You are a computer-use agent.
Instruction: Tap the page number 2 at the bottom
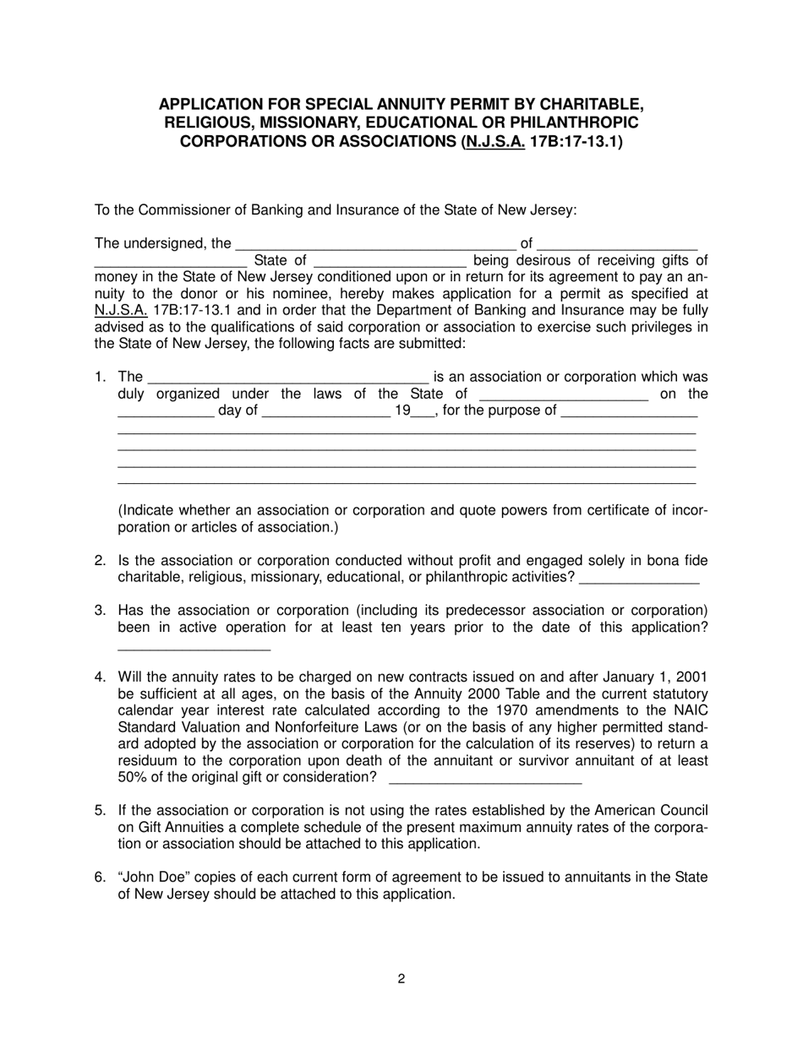click(401, 979)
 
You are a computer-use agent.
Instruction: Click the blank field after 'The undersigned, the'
click(376, 245)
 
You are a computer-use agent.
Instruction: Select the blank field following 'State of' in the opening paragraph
click(390, 261)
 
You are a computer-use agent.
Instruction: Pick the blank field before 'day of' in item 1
click(166, 412)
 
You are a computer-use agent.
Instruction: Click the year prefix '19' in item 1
click(402, 411)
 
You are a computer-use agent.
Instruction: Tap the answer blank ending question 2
click(640, 578)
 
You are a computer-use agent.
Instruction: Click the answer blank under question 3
click(194, 646)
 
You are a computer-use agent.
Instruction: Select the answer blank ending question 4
click(484, 778)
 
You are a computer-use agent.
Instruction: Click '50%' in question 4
click(133, 777)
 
